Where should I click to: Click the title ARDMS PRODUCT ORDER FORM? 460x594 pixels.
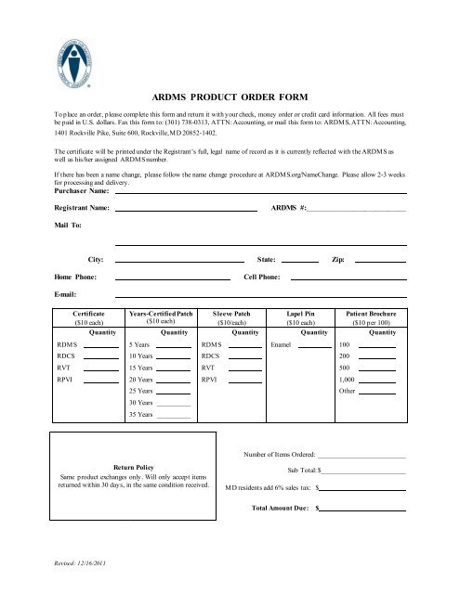point(230,96)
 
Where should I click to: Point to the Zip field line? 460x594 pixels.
point(380,261)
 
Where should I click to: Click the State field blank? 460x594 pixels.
point(299,261)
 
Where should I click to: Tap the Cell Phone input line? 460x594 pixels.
point(348,278)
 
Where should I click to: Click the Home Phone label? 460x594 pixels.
point(75,278)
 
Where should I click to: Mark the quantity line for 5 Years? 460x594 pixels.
point(173,345)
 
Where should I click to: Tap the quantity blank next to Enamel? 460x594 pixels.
point(314,345)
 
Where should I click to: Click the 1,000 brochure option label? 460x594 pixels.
point(348,380)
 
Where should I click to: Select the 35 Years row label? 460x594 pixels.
point(139,415)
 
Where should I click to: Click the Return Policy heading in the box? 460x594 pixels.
point(133,468)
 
